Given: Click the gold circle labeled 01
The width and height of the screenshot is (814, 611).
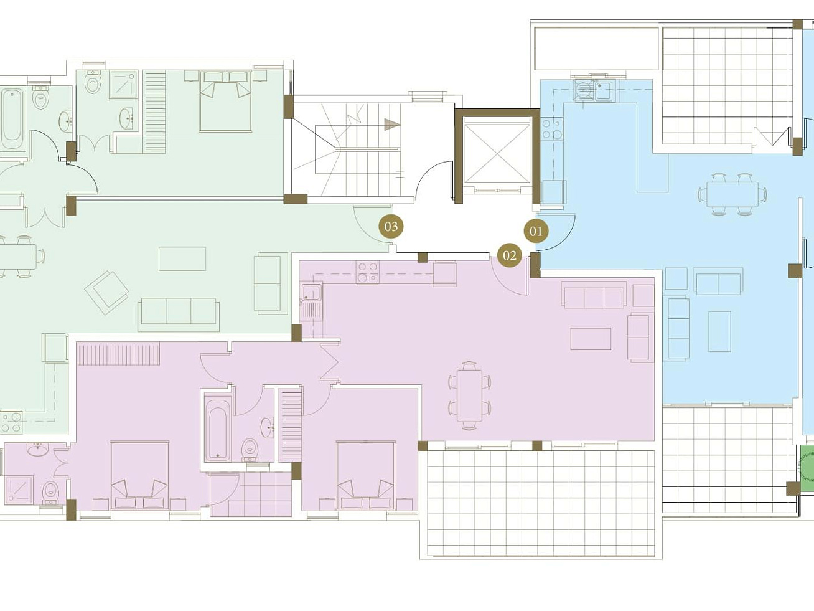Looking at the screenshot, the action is (536, 232).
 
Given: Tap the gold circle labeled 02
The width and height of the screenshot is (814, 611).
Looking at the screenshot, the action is (510, 255).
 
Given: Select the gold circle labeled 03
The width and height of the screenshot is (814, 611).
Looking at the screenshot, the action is (391, 226).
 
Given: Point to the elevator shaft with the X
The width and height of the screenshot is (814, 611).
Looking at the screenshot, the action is (497, 154).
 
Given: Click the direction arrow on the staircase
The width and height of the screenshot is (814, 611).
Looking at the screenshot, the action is (392, 125).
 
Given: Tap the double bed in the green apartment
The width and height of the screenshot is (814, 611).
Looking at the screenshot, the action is (225, 101).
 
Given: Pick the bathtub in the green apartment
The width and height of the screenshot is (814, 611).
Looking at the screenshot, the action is (12, 119).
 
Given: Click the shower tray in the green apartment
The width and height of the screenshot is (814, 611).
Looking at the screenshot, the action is (123, 85).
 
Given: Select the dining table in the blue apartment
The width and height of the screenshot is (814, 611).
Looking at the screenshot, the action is (732, 195).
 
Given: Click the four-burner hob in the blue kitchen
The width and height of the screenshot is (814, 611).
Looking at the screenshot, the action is (552, 129).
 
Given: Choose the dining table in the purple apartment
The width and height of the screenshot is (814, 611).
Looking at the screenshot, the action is (469, 395).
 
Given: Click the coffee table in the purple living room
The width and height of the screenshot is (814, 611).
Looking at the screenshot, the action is (591, 339).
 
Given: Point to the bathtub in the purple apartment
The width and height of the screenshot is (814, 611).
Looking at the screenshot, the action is (217, 429).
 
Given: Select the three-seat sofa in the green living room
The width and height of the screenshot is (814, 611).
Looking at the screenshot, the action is (179, 315).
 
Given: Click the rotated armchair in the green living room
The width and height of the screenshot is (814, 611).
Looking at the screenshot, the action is (107, 293).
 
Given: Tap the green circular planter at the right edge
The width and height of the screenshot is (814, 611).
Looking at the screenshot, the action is (806, 470).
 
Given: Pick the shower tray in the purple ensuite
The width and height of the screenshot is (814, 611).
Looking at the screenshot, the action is (19, 490).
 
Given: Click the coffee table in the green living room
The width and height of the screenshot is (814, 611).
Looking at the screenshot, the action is (182, 258).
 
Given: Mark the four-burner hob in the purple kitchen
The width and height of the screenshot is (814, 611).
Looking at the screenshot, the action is (368, 273).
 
